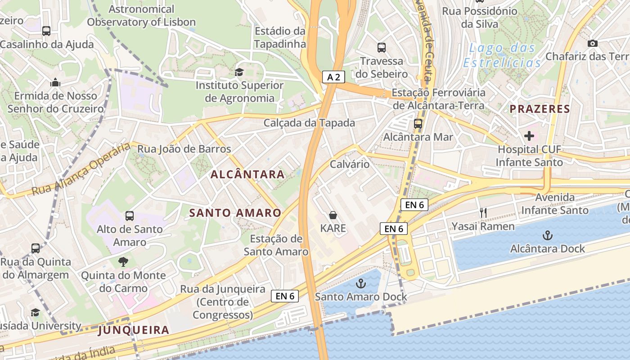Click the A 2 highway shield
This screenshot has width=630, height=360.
[x=333, y=77]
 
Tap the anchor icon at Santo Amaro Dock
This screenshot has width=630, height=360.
[x=360, y=283]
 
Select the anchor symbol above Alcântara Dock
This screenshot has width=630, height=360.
[x=547, y=235]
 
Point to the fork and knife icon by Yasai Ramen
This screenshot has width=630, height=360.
[x=483, y=212]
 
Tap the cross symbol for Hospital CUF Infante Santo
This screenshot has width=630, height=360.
[x=529, y=135]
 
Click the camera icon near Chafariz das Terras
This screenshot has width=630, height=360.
[x=593, y=43]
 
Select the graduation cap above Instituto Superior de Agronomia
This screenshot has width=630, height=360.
[x=239, y=72]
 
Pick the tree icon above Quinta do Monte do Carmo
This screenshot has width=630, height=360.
[x=123, y=261]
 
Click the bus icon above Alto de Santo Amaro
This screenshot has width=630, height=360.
[x=130, y=216]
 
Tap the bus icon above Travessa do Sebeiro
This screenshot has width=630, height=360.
[x=382, y=47]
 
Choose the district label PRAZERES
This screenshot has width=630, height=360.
[x=540, y=109]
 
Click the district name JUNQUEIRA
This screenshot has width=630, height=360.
[x=134, y=330]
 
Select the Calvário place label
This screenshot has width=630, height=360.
[x=350, y=164]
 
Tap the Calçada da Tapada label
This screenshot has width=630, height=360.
[x=309, y=123]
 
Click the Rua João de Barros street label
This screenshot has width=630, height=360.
[x=184, y=149]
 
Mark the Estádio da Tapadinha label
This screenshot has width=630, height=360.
[x=280, y=37]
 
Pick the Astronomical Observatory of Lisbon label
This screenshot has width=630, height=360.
[x=141, y=15]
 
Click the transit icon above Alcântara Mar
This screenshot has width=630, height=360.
[x=418, y=123]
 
